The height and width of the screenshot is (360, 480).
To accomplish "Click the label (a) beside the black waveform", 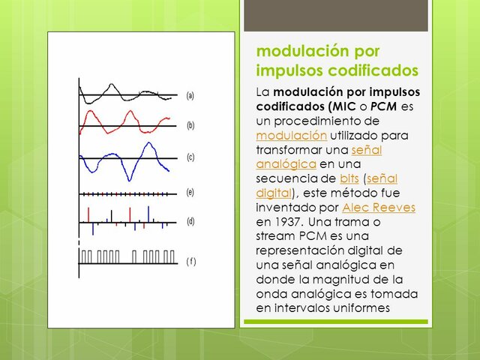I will pos(190,96).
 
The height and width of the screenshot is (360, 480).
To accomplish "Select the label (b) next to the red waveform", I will pos(190,125).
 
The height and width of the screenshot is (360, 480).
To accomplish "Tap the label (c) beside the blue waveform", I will pos(190,157).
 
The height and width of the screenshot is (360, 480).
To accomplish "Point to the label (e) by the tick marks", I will pos(190,192).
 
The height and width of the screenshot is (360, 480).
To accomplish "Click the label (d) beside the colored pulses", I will pos(190,221).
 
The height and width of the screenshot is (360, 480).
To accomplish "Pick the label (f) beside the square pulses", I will pos(190,261).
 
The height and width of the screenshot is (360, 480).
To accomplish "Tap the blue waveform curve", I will pos(132,174).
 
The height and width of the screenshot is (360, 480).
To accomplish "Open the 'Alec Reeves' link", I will pos(378,208).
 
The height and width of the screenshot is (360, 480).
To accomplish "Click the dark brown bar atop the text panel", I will pos(337,15).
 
